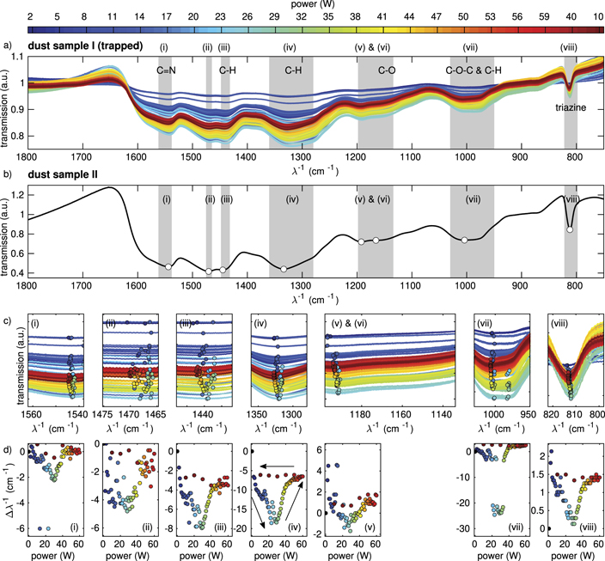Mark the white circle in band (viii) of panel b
(570, 229)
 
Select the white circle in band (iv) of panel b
(284, 270)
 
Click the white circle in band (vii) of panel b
(465, 240)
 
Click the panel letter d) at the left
(6, 443)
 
